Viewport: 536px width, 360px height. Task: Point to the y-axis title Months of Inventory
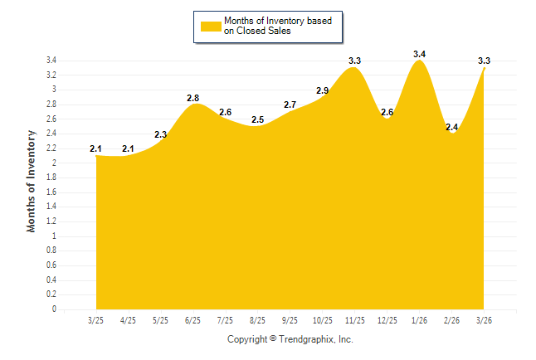coord(32,180)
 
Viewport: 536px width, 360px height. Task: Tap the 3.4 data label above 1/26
coord(419,54)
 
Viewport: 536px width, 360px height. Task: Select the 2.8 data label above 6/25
coord(192,98)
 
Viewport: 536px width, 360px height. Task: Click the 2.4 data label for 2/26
coord(452,127)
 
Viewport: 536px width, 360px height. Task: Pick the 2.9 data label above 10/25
coord(322,90)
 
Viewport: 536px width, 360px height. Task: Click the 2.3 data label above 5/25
coord(160,134)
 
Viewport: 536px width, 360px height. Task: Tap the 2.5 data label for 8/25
coord(257,119)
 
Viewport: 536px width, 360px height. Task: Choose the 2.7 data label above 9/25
coord(290,105)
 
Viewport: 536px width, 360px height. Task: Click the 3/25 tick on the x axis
coord(95,319)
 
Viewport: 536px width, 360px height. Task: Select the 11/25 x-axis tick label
coord(354,319)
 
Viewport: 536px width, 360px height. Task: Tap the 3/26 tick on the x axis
coord(485,319)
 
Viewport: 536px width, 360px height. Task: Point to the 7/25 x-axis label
coord(225,319)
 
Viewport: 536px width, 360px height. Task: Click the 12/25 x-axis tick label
coord(387,319)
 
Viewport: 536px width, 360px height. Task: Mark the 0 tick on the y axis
coord(54,309)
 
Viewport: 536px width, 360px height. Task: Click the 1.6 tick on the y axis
coord(51,192)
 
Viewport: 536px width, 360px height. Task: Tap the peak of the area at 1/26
coord(420,61)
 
